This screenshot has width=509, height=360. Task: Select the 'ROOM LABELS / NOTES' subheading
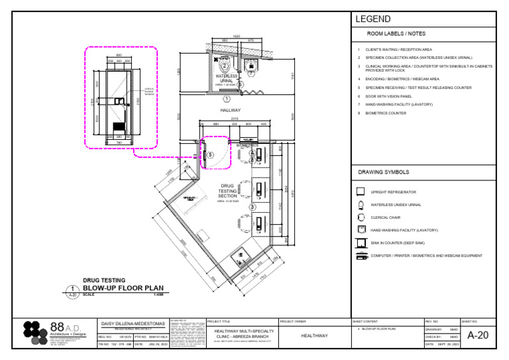396,33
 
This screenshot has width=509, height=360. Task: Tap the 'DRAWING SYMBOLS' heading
384,172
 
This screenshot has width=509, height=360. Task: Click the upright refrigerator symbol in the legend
361,192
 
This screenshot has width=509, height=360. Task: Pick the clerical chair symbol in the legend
361,217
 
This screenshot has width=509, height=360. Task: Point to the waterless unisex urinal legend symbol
361,204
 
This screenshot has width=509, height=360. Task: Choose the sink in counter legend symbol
361,243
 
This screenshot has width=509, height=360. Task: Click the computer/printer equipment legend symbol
361,255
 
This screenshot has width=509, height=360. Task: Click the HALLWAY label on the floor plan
230,110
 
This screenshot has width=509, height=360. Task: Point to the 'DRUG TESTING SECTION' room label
227,191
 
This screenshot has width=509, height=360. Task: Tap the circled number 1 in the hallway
227,98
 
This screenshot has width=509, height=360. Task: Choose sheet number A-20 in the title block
477,335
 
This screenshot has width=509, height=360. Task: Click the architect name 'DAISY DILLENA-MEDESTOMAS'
133,324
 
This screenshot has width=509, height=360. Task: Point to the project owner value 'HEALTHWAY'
314,335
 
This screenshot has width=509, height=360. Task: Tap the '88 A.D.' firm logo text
65,328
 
